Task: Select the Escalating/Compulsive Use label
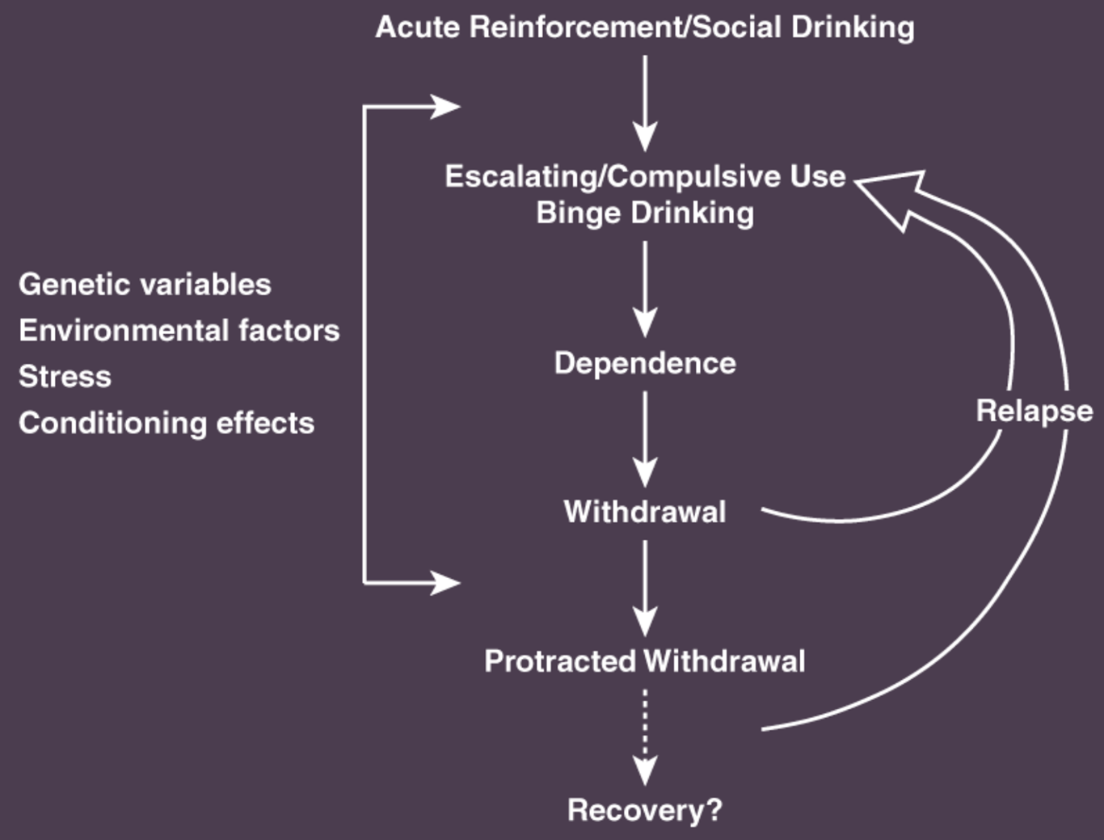point(645,176)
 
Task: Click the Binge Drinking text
point(645,213)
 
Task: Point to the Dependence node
point(645,363)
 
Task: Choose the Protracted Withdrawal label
point(645,661)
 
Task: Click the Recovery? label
point(645,810)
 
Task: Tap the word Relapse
point(1034,411)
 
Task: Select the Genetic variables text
point(145,285)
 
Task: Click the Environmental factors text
point(179,331)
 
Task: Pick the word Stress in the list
point(65,377)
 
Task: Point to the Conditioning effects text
point(166,423)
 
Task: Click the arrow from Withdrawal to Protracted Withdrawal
point(645,587)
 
